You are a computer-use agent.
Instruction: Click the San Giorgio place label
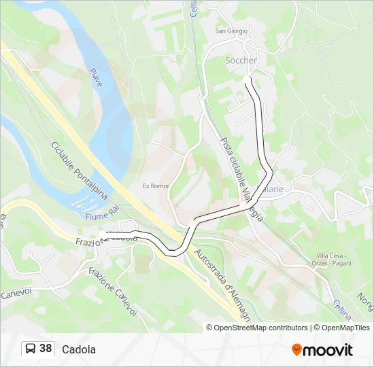point(231,31)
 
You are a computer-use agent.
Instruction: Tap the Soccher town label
point(241,60)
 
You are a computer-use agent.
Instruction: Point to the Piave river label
point(97,77)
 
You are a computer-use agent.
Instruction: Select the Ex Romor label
point(155,186)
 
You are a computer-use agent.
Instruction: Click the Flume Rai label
point(101,217)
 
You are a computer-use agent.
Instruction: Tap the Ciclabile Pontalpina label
point(79,171)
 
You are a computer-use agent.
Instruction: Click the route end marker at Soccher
point(247,80)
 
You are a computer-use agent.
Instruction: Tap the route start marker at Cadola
point(102,234)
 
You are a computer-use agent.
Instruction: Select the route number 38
point(46,349)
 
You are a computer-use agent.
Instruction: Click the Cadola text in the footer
point(79,349)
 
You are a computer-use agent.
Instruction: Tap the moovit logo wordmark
point(328,350)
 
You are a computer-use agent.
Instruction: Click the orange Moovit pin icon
point(296,350)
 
